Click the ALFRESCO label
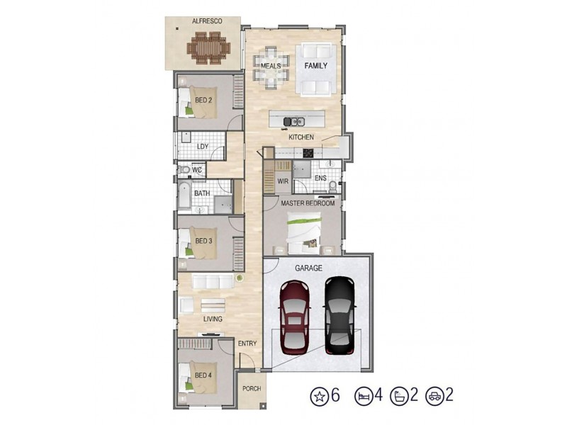tap(207, 22)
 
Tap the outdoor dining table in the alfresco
tap(208, 49)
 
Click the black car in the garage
tap(339, 316)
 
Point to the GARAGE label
tap(308, 268)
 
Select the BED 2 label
tap(203, 101)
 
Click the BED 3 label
tap(203, 241)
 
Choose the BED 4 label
tap(203, 375)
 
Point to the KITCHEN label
tap(301, 137)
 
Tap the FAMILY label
tap(315, 65)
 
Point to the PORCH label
tap(251, 388)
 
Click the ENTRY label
tap(247, 344)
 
